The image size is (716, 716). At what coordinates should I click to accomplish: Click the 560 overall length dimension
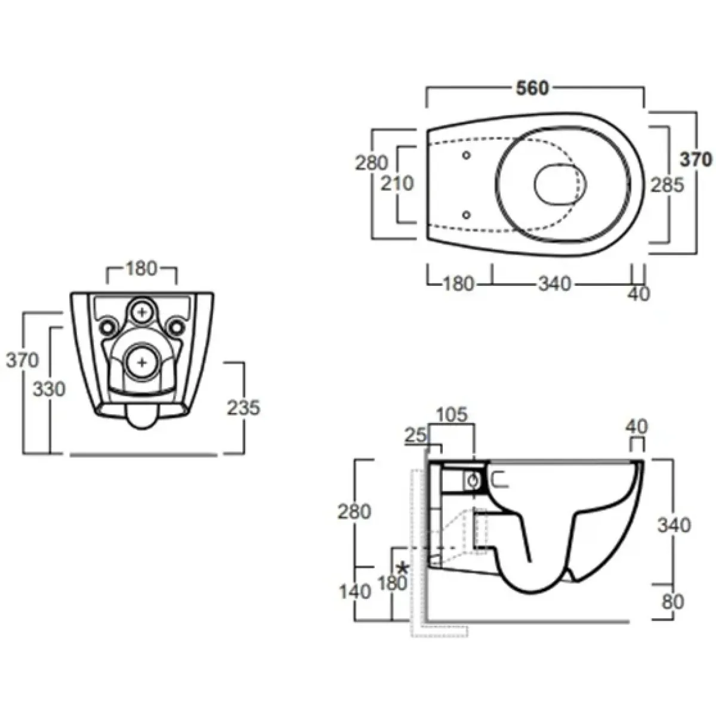click(532, 88)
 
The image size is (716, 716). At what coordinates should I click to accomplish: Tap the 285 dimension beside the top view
click(667, 185)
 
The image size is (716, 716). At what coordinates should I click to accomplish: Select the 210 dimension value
click(397, 183)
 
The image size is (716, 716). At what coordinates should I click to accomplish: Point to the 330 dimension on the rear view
click(49, 390)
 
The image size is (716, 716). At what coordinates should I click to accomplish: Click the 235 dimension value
click(244, 408)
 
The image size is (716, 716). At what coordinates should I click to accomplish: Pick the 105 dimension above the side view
click(452, 415)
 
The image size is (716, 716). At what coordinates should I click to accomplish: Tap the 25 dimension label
click(415, 436)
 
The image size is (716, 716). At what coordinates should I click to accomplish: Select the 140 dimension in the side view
click(355, 591)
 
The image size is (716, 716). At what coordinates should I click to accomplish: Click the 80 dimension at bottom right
click(673, 601)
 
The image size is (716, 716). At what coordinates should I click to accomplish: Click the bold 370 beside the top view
click(696, 160)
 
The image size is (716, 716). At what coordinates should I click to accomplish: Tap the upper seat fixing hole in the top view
click(467, 155)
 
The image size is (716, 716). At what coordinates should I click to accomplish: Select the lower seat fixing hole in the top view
click(467, 214)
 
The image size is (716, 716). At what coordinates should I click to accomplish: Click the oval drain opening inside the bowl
click(560, 184)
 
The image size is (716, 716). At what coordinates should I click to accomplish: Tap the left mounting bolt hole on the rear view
click(107, 327)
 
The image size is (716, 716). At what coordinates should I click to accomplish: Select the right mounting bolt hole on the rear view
click(176, 327)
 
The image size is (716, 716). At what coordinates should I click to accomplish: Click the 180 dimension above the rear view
click(141, 268)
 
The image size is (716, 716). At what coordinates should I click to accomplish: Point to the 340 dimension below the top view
click(554, 284)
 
